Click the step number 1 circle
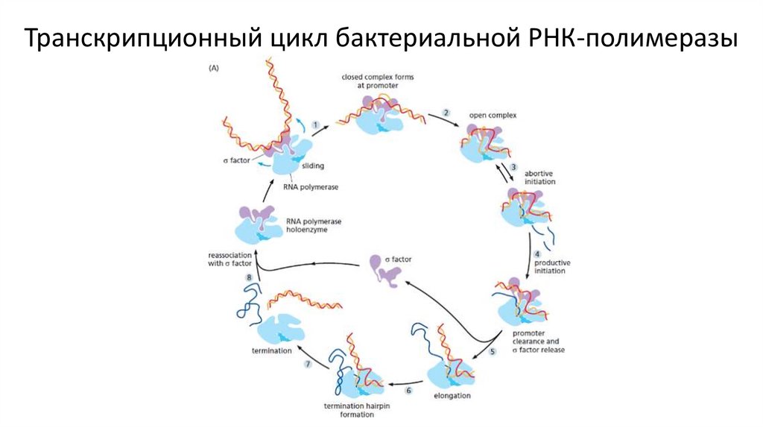[x=316, y=125]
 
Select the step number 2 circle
[x=446, y=113]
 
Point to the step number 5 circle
[x=493, y=350]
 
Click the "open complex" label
[x=493, y=115]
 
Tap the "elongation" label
[x=452, y=395]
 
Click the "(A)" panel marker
[x=212, y=69]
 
